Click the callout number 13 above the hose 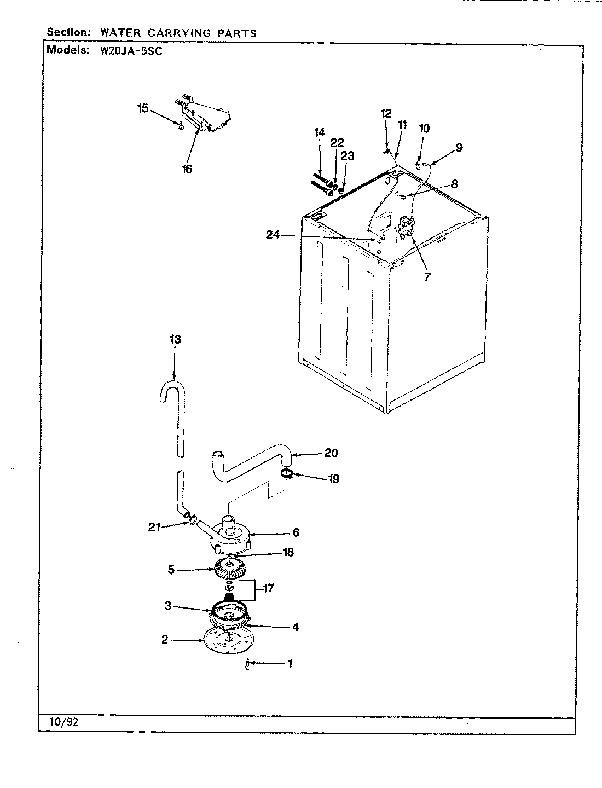click(175, 340)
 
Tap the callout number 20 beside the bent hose click(331, 453)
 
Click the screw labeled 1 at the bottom click(247, 664)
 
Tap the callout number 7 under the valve click(427, 277)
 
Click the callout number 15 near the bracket click(143, 108)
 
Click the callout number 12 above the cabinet click(386, 113)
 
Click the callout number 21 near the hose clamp click(154, 527)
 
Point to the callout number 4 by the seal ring click(296, 627)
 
